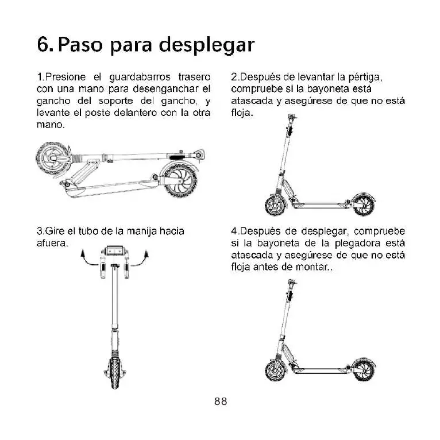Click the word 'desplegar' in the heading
point(207,44)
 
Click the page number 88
point(220,402)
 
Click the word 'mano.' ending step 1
point(50,124)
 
